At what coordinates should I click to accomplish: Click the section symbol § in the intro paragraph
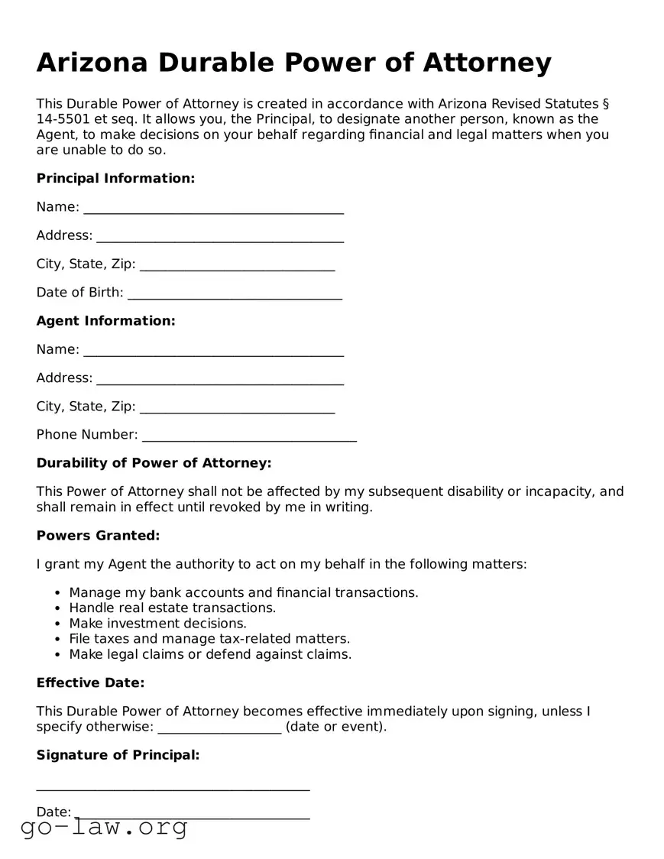pos(605,104)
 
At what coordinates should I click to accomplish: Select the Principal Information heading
pos(115,178)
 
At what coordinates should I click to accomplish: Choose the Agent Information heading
pos(105,321)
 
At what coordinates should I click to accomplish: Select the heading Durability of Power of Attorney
pos(154,463)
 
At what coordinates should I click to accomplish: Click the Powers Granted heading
pos(98,536)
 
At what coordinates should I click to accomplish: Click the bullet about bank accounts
pos(243,592)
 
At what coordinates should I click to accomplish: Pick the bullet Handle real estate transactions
pos(172,608)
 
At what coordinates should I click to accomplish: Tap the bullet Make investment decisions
pos(157,624)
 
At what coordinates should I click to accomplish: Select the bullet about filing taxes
pos(209,639)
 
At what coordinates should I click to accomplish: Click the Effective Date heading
pos(90,682)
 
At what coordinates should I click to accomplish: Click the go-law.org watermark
pos(104,827)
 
